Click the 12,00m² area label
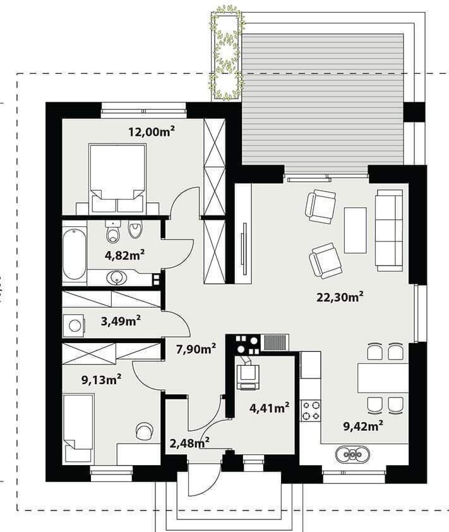152,131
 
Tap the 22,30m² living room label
340,297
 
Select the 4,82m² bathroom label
125,255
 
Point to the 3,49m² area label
121,320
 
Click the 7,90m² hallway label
196,348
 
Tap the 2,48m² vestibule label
189,443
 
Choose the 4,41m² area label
269,408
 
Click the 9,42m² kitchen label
364,426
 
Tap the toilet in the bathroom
113,231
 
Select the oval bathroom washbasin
117,278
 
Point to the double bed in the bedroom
117,178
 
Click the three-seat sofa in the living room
389,230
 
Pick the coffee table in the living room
356,231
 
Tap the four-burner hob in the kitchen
311,411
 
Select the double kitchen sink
352,454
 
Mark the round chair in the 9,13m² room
144,432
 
